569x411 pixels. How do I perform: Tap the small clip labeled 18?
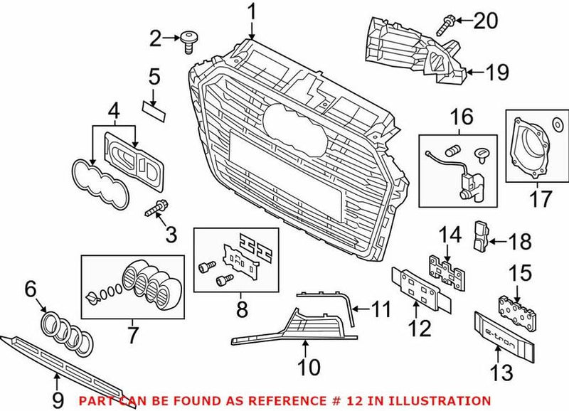point(482,237)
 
